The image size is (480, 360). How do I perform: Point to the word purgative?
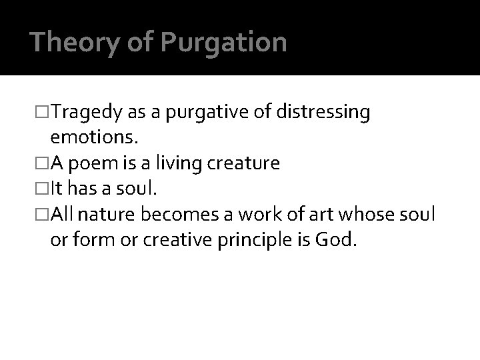click(205, 113)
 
